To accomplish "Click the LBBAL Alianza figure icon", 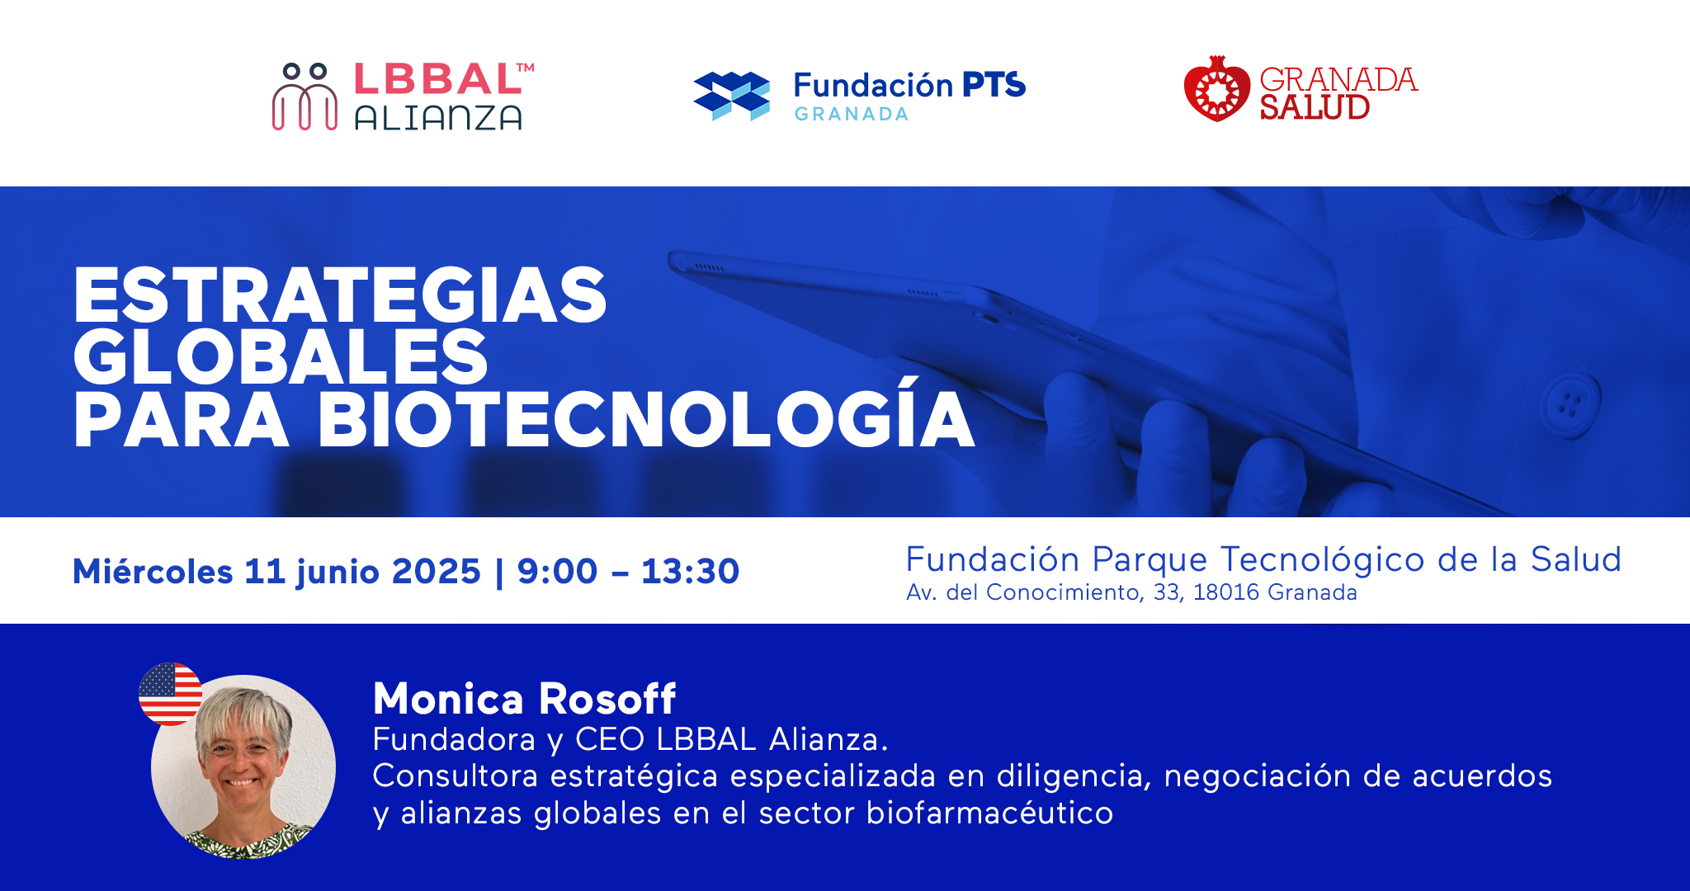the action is pos(304,97).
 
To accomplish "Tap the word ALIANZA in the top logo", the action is pos(438,118).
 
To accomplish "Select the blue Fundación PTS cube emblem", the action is pos(731,96).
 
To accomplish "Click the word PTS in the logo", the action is pos(994,85).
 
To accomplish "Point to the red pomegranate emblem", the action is pos(1216,89).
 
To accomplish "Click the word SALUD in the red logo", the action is pos(1315,107).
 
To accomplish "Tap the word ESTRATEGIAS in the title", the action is pos(340,295).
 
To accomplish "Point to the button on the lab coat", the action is pos(1570,404).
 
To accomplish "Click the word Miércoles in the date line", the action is pos(153,571).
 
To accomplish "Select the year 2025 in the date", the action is pos(436,571).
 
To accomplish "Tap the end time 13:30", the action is pos(690,571).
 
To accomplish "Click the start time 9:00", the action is pos(557,571).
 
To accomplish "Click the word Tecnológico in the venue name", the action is pos(1323,561).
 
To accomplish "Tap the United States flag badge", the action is pos(171,694).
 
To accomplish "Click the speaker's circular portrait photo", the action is pos(243,767).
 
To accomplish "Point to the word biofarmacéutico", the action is pos(989,813).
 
